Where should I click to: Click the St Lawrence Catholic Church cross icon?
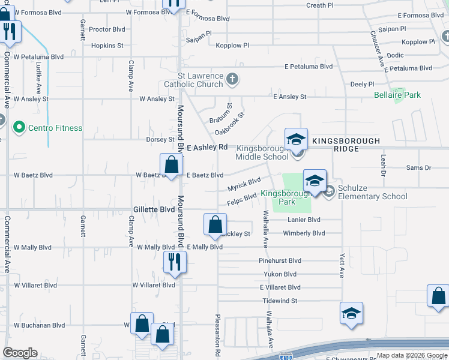click(232, 79)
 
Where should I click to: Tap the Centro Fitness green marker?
click(19, 127)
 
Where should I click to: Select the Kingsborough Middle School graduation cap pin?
click(296, 140)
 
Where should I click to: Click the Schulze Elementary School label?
click(372, 192)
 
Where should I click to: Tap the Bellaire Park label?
click(397, 95)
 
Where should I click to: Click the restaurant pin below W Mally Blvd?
click(175, 262)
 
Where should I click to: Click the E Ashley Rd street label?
click(207, 147)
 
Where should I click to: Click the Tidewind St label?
click(280, 300)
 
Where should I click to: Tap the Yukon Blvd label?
click(279, 274)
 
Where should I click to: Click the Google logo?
click(20, 353)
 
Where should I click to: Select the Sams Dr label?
click(419, 168)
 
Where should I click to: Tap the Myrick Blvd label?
click(244, 183)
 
